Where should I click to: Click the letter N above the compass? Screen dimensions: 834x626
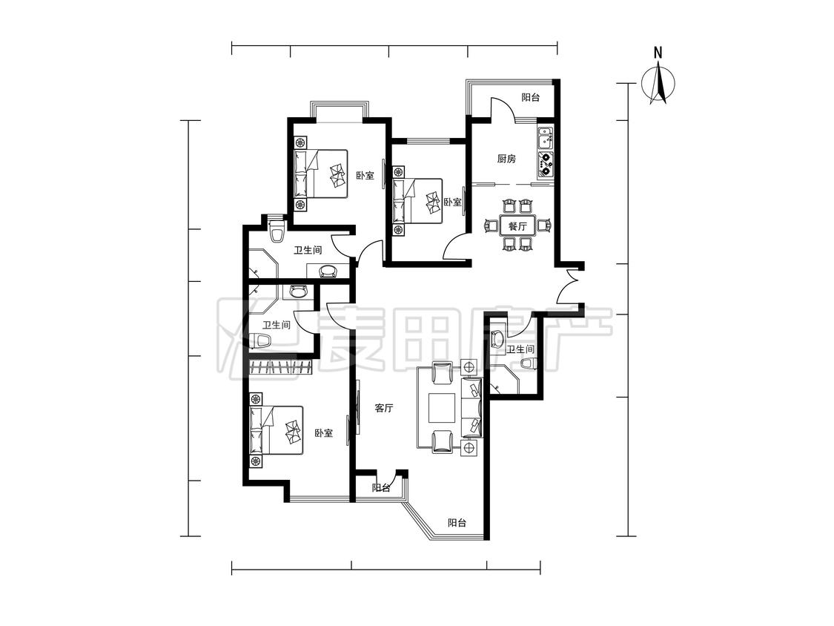[x=658, y=53]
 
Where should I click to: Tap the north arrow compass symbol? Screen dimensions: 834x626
[x=658, y=82]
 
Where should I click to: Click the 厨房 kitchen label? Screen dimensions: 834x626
[x=506, y=159]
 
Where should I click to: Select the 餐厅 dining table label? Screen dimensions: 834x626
[x=517, y=226]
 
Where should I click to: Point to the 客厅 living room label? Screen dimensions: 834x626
[x=383, y=408]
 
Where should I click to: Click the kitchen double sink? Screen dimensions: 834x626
[x=545, y=139]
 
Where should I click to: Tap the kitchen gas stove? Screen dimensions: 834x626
[x=546, y=164]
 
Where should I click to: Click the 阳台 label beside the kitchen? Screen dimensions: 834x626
[x=530, y=97]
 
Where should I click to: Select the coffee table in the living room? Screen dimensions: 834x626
[x=443, y=408]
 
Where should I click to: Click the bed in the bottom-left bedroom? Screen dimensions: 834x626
[x=277, y=431]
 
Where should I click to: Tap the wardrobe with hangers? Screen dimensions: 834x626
[x=281, y=367]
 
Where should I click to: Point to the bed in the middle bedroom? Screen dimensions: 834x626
[x=418, y=201]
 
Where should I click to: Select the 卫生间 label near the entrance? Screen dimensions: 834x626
[x=520, y=350]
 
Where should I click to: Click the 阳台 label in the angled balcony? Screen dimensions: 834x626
[x=457, y=523]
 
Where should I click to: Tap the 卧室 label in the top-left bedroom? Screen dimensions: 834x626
[x=365, y=175]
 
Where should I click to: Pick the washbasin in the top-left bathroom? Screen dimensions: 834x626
[x=328, y=271]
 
